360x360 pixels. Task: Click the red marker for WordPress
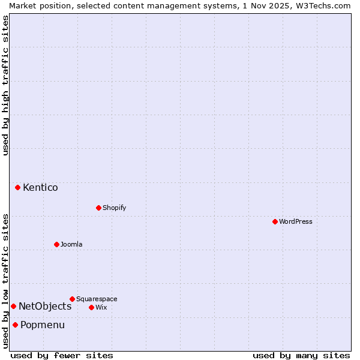click(275, 221)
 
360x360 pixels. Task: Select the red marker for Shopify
click(98, 208)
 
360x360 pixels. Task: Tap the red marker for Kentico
click(17, 187)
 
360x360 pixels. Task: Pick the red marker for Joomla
click(56, 244)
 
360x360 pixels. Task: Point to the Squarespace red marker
click(72, 299)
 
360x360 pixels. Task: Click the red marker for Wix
click(91, 307)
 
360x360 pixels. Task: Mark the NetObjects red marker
click(13, 306)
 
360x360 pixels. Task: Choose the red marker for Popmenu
click(15, 325)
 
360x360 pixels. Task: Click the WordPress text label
click(296, 221)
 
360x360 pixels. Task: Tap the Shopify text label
click(115, 208)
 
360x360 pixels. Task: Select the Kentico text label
click(40, 187)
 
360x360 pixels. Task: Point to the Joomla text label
click(71, 244)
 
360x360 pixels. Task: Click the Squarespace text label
click(97, 299)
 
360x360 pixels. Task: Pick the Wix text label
click(101, 307)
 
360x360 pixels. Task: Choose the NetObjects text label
click(45, 306)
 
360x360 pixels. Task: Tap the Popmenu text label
click(43, 325)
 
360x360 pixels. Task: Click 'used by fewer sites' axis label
click(62, 355)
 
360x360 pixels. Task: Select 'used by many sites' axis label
click(301, 355)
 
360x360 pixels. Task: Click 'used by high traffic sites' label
click(5, 85)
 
